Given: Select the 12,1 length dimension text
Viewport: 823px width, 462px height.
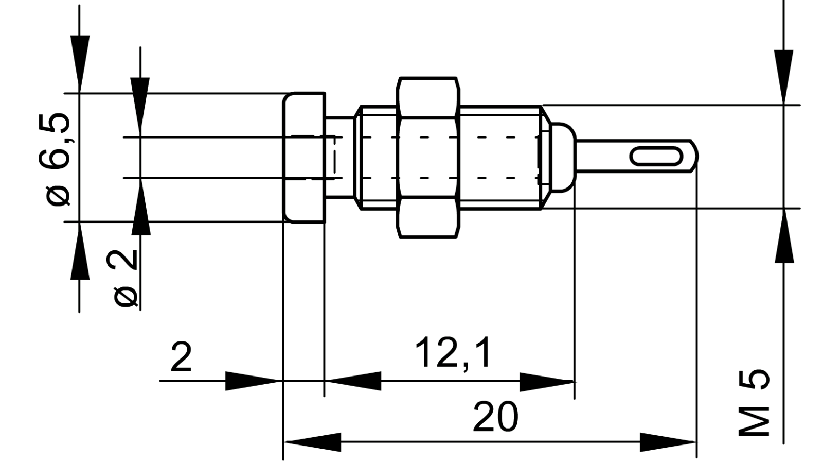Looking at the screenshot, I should pos(453,353).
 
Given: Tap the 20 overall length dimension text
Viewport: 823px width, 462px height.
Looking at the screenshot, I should pos(495,417).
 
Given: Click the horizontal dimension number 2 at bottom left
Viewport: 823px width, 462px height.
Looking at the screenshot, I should pos(181,357).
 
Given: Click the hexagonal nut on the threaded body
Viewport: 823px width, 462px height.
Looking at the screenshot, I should pos(428,158).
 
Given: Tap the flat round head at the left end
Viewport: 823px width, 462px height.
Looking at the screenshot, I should pos(305,158).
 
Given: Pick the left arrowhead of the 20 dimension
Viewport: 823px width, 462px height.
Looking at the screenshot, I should pos(314,442).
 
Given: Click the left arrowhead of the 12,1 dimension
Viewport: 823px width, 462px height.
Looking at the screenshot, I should pos(354,381).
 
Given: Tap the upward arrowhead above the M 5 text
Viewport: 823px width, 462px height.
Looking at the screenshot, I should pos(784,237).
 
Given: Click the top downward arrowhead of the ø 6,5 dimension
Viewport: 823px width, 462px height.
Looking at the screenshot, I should pos(80,62).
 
